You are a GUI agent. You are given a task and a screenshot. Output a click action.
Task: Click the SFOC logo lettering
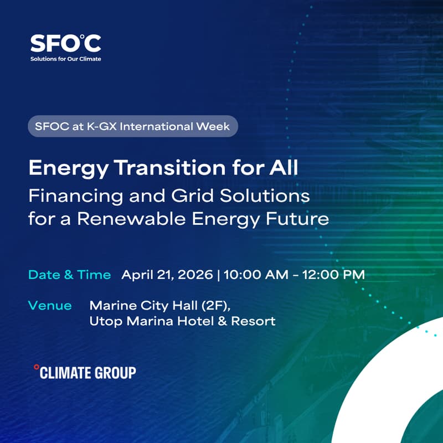[65, 43]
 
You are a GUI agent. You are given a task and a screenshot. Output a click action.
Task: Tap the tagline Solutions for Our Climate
[65, 58]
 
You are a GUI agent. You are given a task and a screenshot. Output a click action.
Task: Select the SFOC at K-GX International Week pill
[133, 126]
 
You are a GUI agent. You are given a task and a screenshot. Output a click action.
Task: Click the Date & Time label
[69, 275]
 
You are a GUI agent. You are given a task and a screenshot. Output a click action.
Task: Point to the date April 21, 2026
[166, 275]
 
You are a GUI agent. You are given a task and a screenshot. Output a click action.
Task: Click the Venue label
[50, 306]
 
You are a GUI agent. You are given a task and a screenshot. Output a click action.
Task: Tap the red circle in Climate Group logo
[37, 367]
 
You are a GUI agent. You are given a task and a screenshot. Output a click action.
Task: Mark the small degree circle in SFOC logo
[82, 37]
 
